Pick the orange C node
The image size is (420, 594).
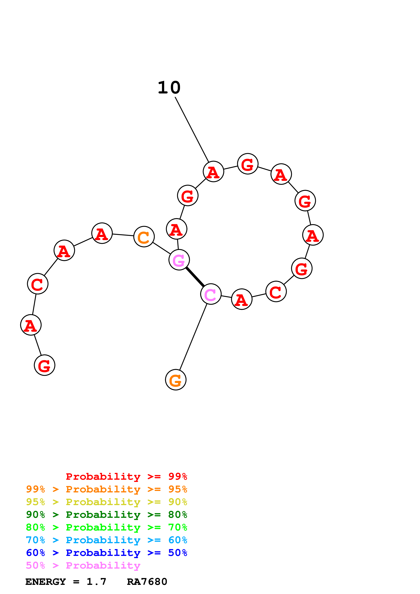coord(144,237)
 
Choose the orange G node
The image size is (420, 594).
coord(176,380)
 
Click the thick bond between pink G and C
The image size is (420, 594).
coord(195,277)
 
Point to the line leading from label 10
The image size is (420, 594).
coord(192,129)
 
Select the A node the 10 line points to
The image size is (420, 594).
coord(213,172)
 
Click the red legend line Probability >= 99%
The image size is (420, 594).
coord(126,476)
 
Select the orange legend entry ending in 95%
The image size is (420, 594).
coord(107,489)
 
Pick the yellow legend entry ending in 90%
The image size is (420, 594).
coord(107,502)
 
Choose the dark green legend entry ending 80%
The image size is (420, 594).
coord(107,515)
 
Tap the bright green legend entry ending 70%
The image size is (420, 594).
coord(107,527)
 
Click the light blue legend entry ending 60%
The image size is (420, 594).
coord(107,540)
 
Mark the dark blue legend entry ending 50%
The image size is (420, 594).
coord(107,553)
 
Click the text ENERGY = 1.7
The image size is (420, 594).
coord(66,582)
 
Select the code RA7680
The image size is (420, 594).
coord(147,582)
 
